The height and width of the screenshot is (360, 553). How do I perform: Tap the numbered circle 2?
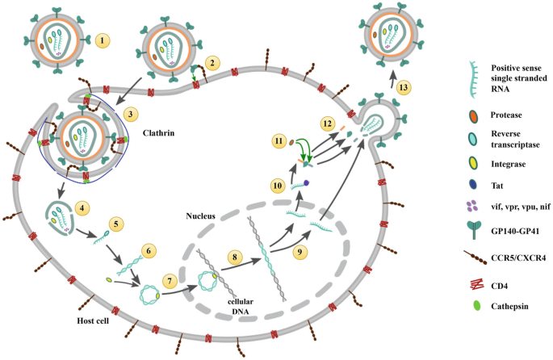click(x=212, y=61)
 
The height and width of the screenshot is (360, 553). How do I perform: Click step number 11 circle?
click(x=278, y=141)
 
